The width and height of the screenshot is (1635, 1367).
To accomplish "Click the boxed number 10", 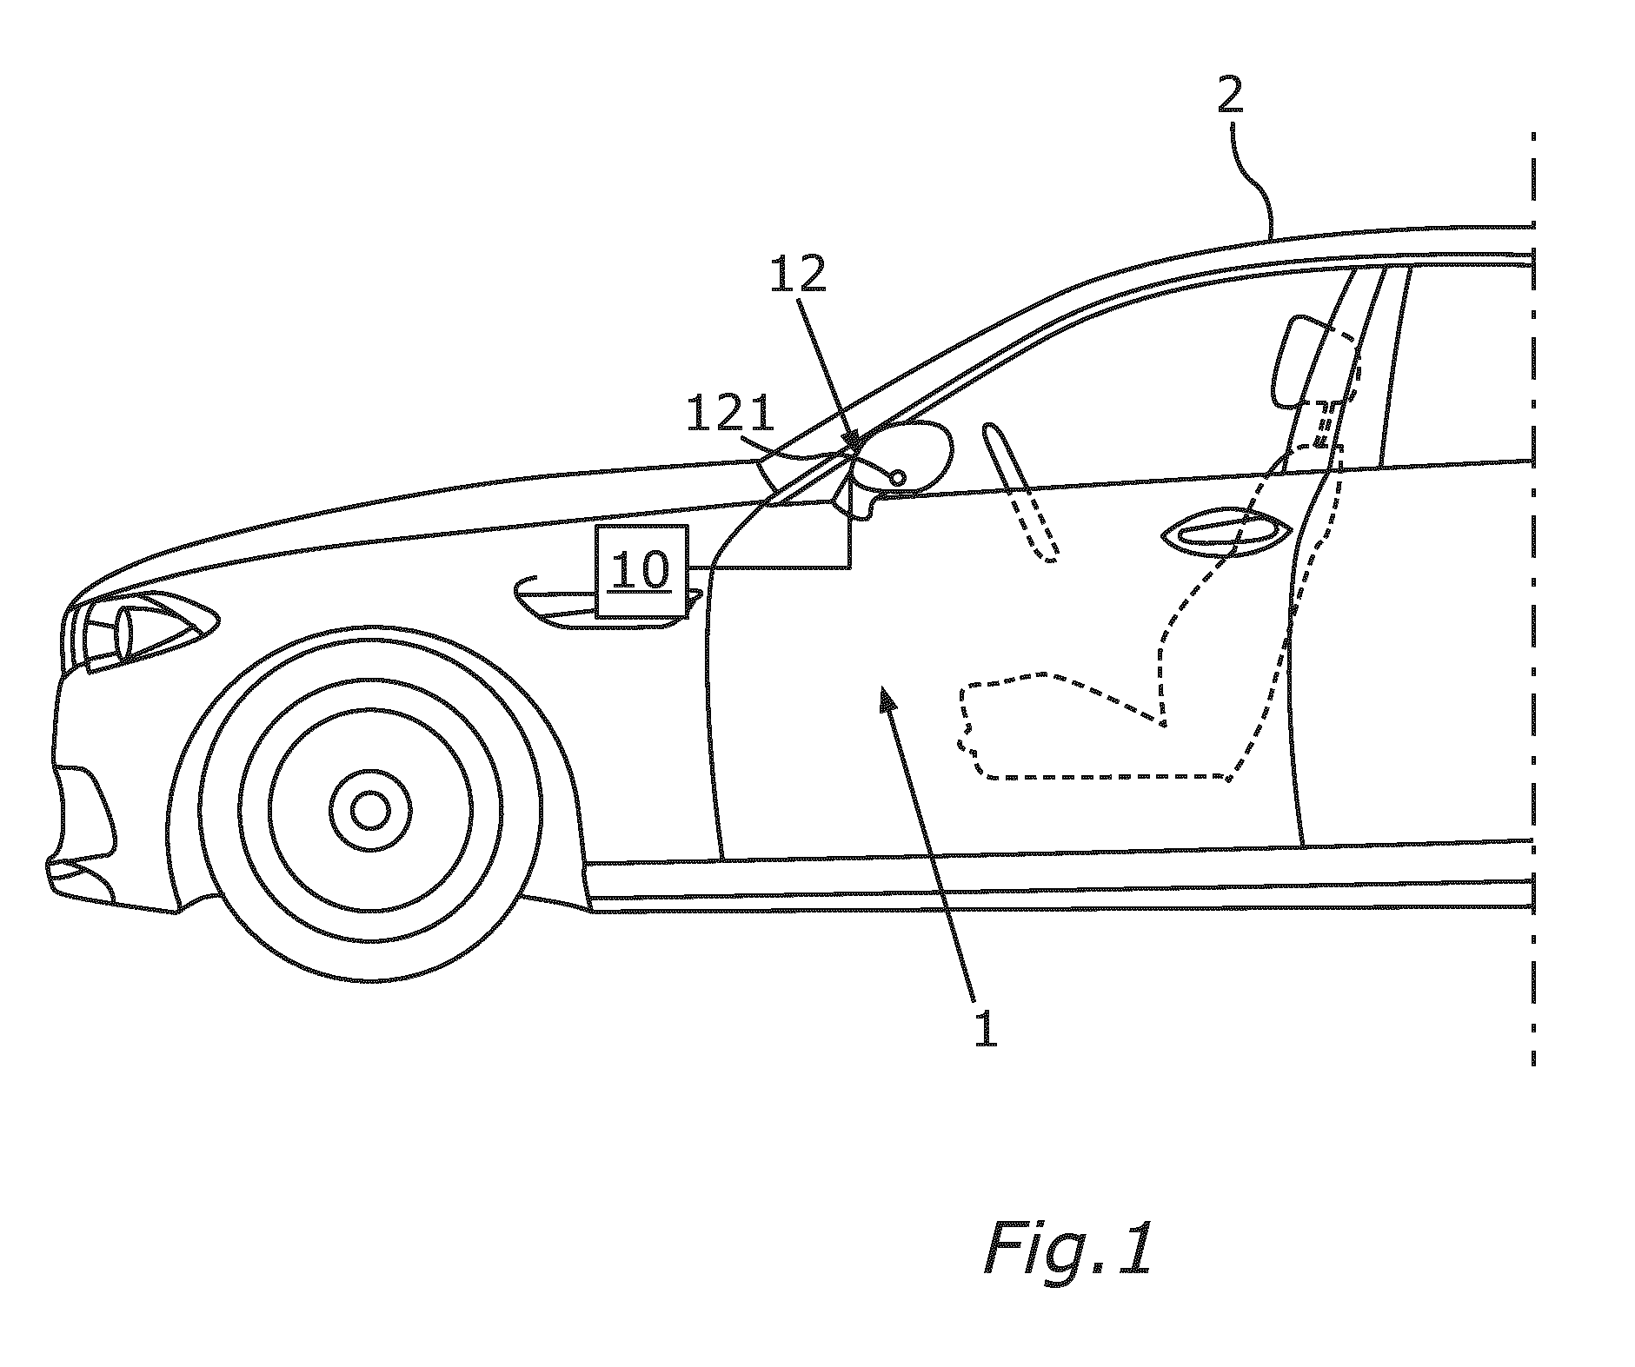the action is point(641,571).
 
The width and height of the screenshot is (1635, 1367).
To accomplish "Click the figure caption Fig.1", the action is point(1067,1249).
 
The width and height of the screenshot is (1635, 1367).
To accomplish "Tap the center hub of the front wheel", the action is point(371,810).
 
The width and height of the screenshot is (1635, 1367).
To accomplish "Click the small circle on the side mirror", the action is point(898,476).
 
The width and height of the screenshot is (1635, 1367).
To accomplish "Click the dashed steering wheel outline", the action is point(1023,492).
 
